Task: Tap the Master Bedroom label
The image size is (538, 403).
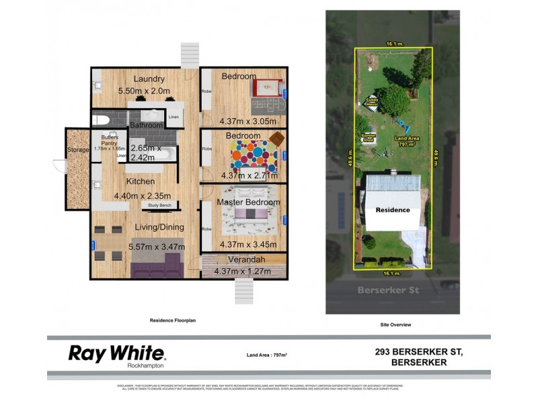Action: tap(248, 202)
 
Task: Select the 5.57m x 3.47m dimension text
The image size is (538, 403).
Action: tap(157, 247)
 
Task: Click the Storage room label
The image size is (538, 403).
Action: tap(78, 150)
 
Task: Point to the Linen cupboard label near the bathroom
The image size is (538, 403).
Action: tap(174, 118)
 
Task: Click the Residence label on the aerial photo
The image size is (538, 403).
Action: tap(392, 210)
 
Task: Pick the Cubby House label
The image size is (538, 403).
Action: tap(372, 103)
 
